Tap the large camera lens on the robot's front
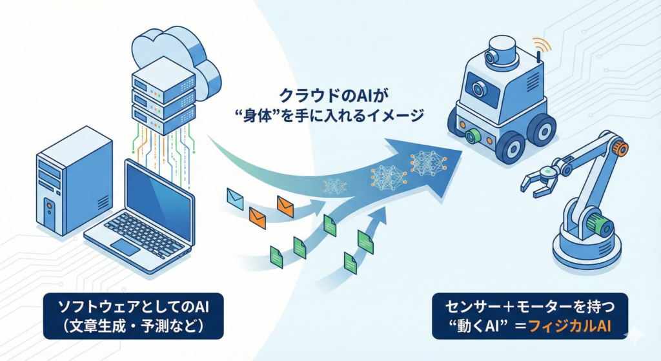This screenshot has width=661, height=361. click(x=476, y=88)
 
